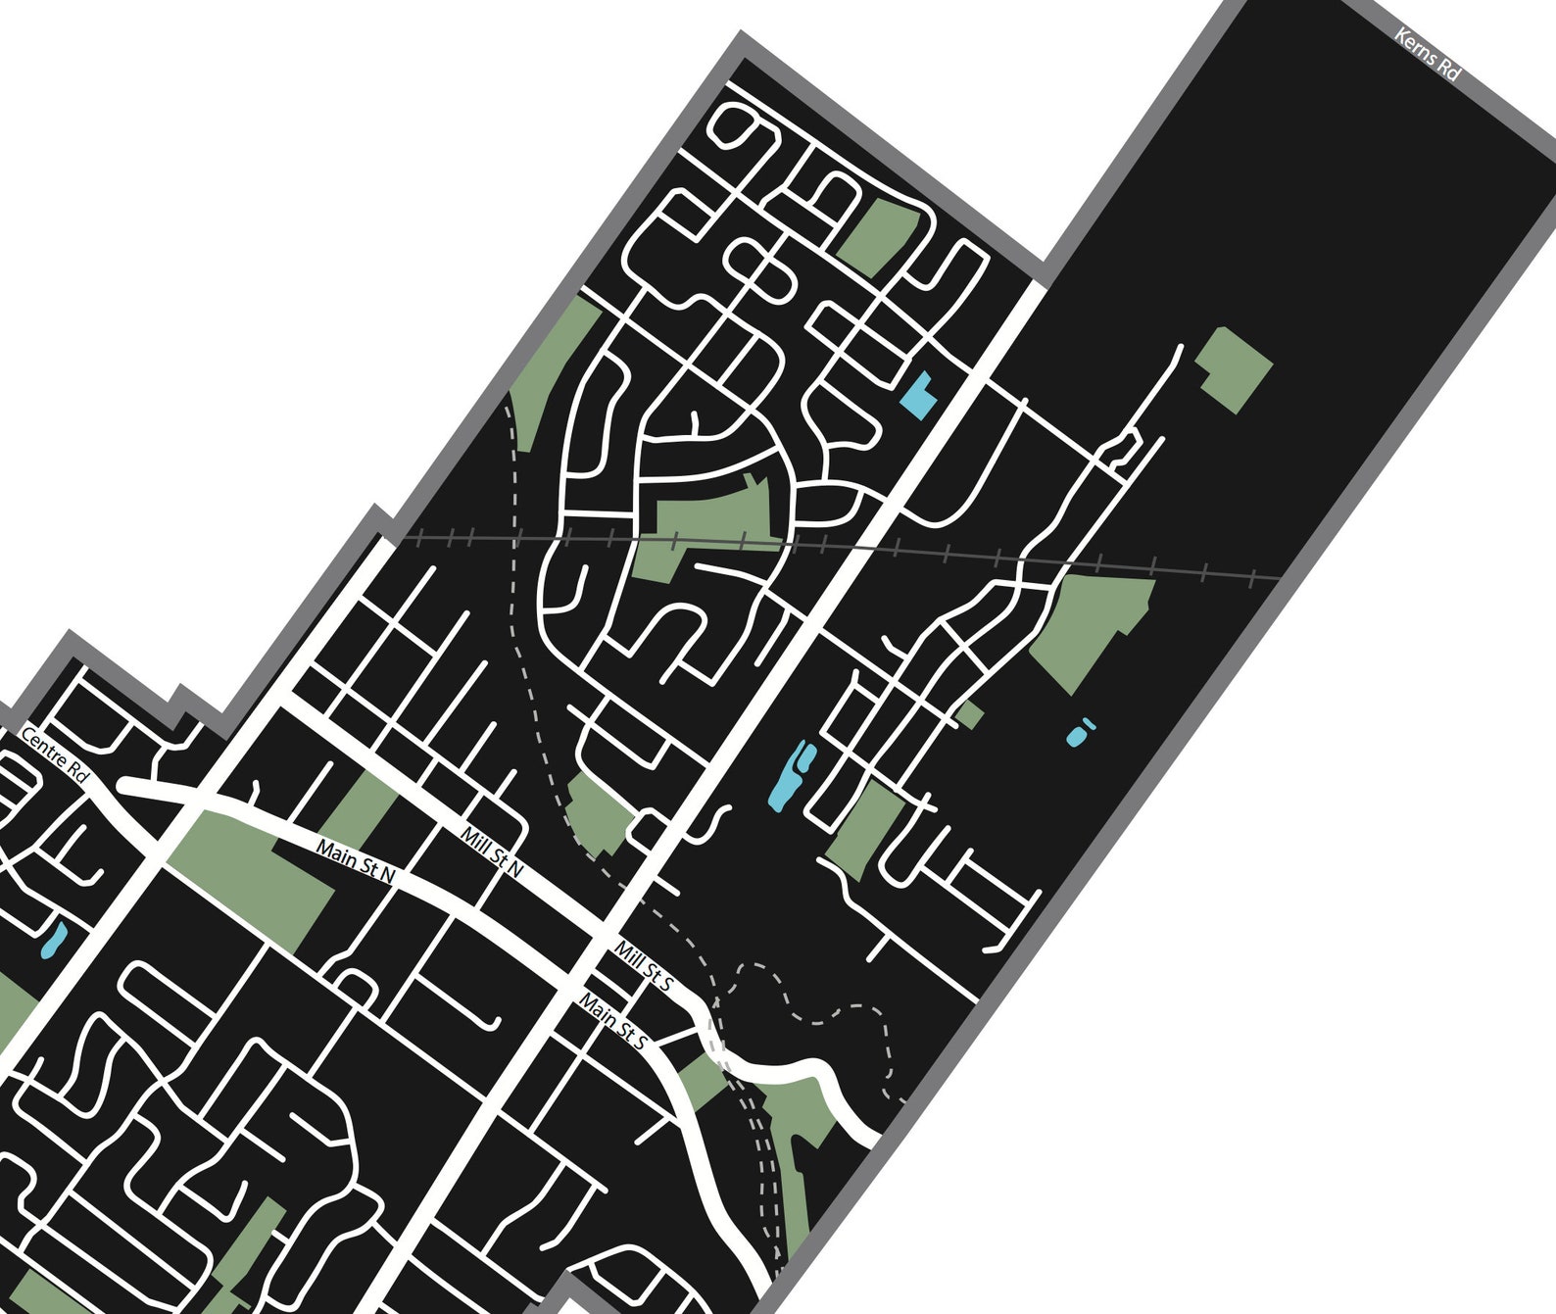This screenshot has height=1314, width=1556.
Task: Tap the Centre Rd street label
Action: (x=54, y=754)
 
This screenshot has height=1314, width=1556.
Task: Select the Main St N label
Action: (x=354, y=860)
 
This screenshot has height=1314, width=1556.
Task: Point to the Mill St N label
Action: (x=492, y=851)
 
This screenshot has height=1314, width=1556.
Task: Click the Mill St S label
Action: (x=643, y=966)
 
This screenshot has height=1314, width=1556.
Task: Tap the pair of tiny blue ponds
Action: (x=1080, y=731)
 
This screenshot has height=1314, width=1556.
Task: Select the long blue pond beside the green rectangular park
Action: (x=792, y=774)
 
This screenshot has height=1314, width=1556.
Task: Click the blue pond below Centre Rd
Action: (x=53, y=941)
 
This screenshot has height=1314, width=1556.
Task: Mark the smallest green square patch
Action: (x=969, y=713)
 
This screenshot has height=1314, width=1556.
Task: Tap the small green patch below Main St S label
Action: (x=702, y=1083)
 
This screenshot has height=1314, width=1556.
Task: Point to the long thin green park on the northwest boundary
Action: (x=554, y=372)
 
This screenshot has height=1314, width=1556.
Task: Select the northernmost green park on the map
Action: (x=876, y=232)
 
